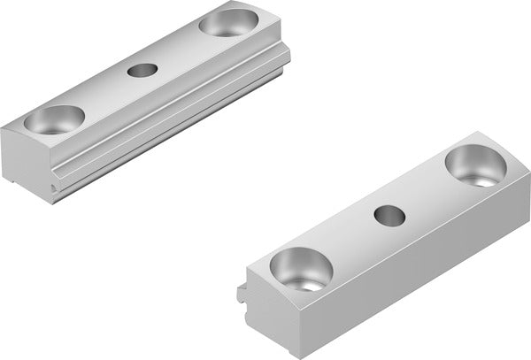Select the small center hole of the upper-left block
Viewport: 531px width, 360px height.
point(141,70)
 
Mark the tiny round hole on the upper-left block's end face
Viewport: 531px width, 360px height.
point(56,188)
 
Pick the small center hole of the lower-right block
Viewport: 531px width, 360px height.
point(387,214)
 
